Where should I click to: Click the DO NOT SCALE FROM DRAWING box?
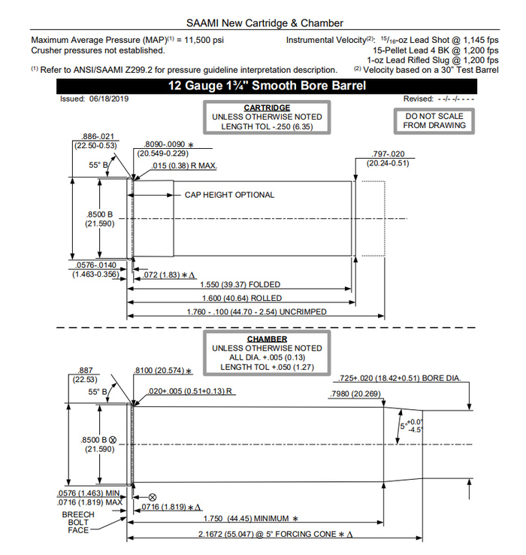coord(435,121)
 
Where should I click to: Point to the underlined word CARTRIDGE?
coord(267,108)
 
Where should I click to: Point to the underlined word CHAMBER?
coord(267,339)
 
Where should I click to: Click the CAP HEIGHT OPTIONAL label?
coord(229,195)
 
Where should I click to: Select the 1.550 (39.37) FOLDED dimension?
coord(240,285)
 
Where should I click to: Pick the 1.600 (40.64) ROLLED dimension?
coord(240,298)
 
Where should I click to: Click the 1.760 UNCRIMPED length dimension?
coord(240,311)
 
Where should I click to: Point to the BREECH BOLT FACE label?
coord(78,522)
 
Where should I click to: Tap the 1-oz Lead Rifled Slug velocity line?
coord(432,60)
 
